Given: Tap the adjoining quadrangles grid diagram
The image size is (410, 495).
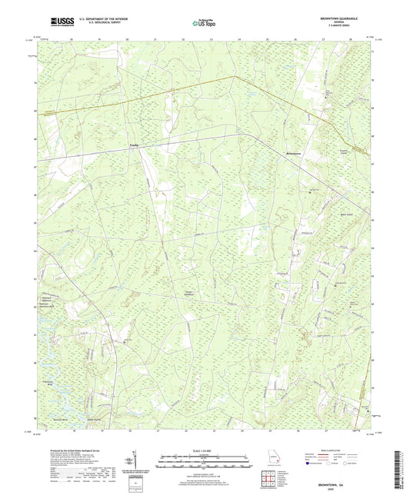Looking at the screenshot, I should [x=269, y=483].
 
